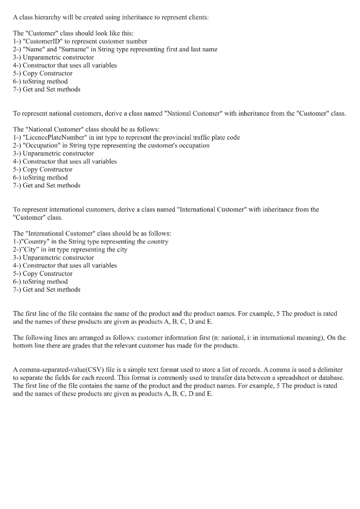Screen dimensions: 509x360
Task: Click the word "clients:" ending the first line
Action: pyautogui.click(x=198, y=17)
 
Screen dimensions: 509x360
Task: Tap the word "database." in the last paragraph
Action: pyautogui.click(x=330, y=378)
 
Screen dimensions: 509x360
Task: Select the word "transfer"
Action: pyautogui.click(x=206, y=378)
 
